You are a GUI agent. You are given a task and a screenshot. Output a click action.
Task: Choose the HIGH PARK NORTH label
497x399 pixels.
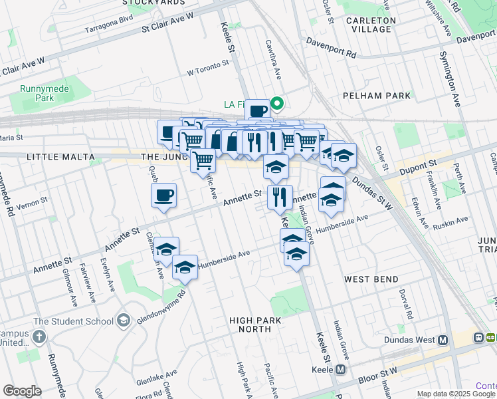point(259,325)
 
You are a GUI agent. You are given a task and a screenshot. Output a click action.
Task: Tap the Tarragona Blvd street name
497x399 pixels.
point(110,29)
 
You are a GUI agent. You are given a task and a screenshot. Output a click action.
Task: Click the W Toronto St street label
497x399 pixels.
point(208,66)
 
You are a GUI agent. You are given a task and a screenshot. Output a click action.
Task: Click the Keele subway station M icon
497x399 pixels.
point(341,370)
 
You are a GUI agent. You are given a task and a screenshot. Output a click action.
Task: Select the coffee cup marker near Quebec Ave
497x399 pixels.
point(163,196)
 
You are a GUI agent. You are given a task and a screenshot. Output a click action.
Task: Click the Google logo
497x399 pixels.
point(22,390)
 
